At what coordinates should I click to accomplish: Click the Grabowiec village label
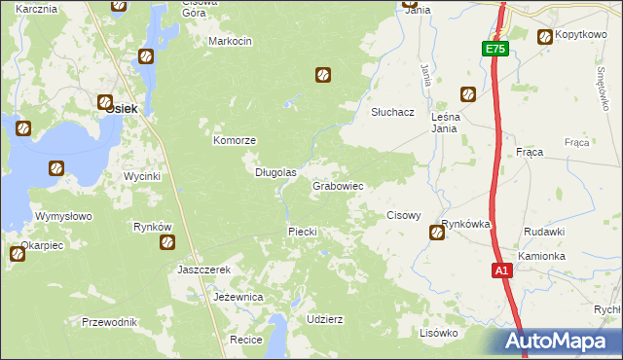[338, 185]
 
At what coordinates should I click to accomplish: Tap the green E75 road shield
[495, 49]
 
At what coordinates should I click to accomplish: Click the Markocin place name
[231, 41]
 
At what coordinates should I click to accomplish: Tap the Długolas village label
[275, 172]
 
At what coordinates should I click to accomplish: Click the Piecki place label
[302, 232]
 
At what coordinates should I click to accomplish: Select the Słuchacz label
[392, 112]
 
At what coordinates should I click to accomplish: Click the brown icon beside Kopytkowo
[544, 37]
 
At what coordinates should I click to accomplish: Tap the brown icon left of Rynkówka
[437, 233]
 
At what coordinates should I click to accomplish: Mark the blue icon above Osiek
[146, 56]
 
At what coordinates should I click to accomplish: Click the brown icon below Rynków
[166, 241]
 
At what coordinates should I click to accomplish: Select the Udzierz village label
[324, 319]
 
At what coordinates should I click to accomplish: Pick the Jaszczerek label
[202, 270]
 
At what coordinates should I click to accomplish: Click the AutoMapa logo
[558, 342]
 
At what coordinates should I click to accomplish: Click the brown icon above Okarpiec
[18, 255]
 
